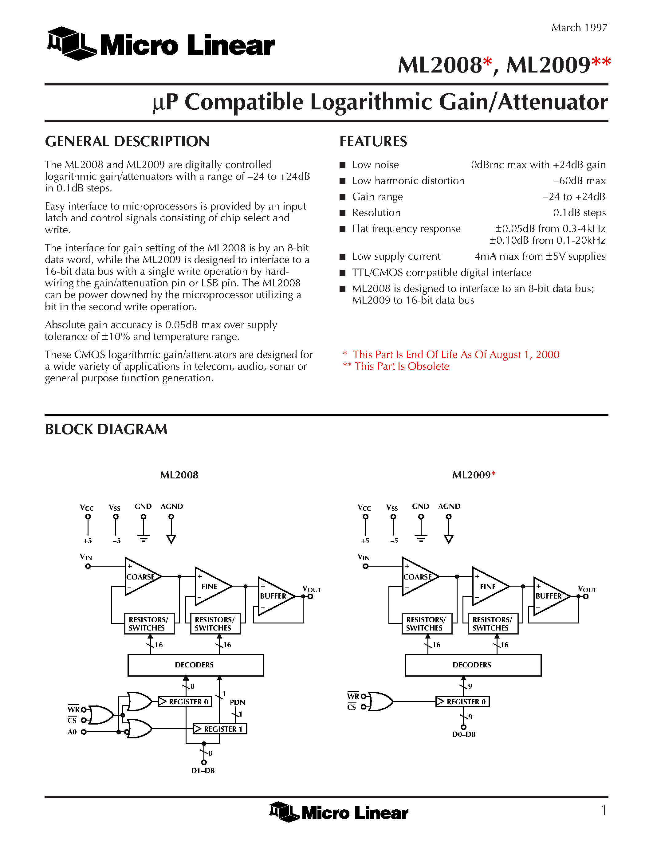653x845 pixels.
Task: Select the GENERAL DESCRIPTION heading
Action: [127, 142]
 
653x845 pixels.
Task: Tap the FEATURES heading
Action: [373, 142]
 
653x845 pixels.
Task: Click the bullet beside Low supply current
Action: [342, 257]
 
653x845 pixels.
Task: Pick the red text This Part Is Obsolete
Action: [402, 366]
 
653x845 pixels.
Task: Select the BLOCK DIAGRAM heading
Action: [106, 430]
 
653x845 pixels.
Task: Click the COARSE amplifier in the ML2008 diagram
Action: [140, 576]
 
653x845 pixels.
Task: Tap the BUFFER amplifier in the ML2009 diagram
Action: [548, 596]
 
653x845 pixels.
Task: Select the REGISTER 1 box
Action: [220, 729]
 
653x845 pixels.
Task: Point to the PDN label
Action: [237, 702]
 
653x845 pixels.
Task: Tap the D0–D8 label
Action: [463, 734]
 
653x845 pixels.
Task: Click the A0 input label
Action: [72, 732]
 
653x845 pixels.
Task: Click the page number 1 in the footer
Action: [604, 811]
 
